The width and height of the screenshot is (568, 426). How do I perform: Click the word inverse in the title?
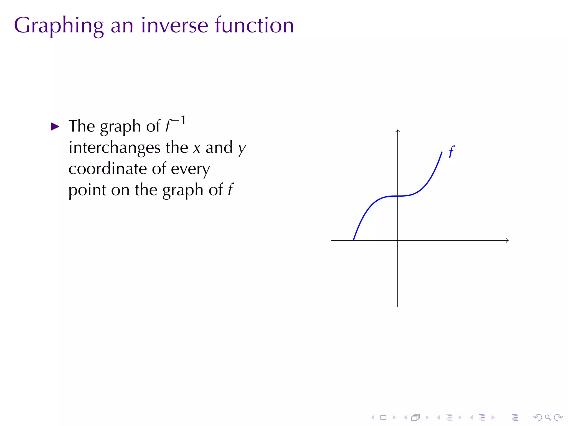[x=174, y=26]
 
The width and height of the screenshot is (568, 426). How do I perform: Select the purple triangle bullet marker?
[x=55, y=127]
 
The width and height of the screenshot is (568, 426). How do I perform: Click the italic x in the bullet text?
[x=197, y=148]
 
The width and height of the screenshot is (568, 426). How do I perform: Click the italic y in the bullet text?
[x=242, y=149]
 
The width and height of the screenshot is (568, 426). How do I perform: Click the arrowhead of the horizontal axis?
[x=508, y=240]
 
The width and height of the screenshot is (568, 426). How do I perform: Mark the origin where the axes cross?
[x=398, y=240]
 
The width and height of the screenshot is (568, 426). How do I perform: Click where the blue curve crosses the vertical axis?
[x=398, y=196]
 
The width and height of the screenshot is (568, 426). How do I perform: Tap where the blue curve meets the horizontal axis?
[x=353, y=240]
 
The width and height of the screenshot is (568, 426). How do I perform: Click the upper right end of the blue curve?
[x=442, y=152]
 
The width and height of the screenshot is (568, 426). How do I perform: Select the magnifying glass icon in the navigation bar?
[x=548, y=417]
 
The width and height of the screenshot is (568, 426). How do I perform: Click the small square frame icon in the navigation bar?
[x=383, y=417]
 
